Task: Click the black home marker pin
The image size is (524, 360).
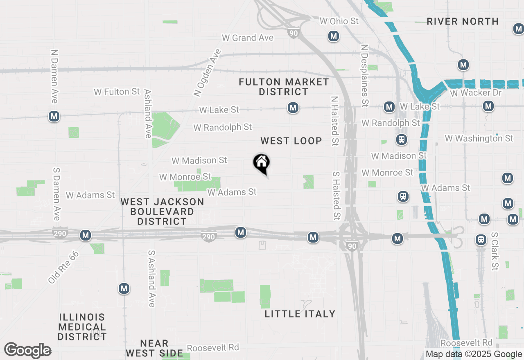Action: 261,163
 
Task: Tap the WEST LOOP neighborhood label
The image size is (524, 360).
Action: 291,141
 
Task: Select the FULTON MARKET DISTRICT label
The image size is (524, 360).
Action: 284,87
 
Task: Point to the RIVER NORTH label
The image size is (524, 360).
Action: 463,21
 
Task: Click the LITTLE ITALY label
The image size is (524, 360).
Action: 300,314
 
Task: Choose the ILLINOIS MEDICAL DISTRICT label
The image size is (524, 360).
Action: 82,327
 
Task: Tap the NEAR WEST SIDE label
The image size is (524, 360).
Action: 154,348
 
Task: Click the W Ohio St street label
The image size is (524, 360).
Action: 339,21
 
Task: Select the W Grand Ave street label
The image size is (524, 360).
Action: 247,38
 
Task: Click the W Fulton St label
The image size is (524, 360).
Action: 117,92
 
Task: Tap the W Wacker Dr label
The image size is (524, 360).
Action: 476,93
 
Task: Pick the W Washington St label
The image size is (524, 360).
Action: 479,139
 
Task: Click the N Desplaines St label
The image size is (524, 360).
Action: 364,76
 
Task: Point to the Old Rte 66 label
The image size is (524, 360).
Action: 63,267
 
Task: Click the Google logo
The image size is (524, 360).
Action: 27,350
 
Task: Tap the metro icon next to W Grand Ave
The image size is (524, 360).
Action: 333,36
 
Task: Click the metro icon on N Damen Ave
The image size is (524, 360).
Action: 54,117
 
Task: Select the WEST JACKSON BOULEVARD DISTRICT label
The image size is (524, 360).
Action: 162,211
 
